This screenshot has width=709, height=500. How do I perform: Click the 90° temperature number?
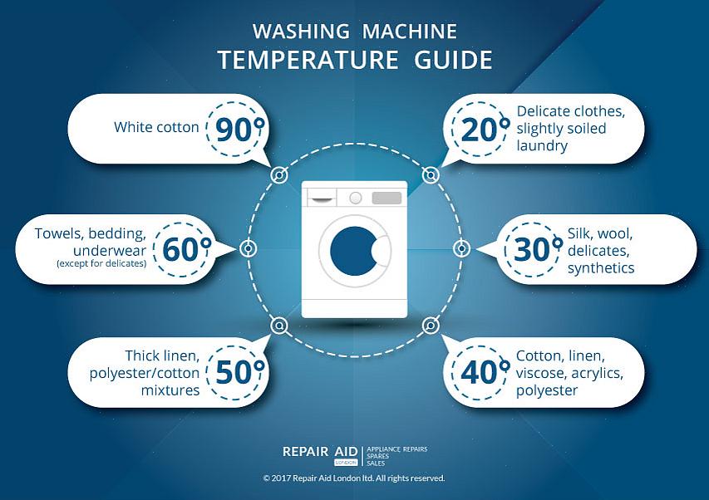239,129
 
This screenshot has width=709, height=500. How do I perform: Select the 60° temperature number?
187,249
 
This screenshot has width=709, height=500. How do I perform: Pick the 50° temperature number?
239,372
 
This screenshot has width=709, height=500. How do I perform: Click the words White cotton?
156,127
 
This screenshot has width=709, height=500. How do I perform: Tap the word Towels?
59,233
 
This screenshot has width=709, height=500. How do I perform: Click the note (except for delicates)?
101,263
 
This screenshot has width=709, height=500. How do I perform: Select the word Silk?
580,233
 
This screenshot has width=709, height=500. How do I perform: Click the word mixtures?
170,390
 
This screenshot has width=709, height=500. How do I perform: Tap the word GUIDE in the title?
454,60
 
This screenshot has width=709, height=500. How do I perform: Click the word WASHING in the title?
301,32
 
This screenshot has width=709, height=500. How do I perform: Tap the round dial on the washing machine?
356,198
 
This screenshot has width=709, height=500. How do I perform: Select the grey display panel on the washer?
387,198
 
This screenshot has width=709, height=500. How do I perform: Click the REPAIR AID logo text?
320,452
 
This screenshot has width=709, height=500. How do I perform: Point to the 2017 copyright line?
354,478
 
